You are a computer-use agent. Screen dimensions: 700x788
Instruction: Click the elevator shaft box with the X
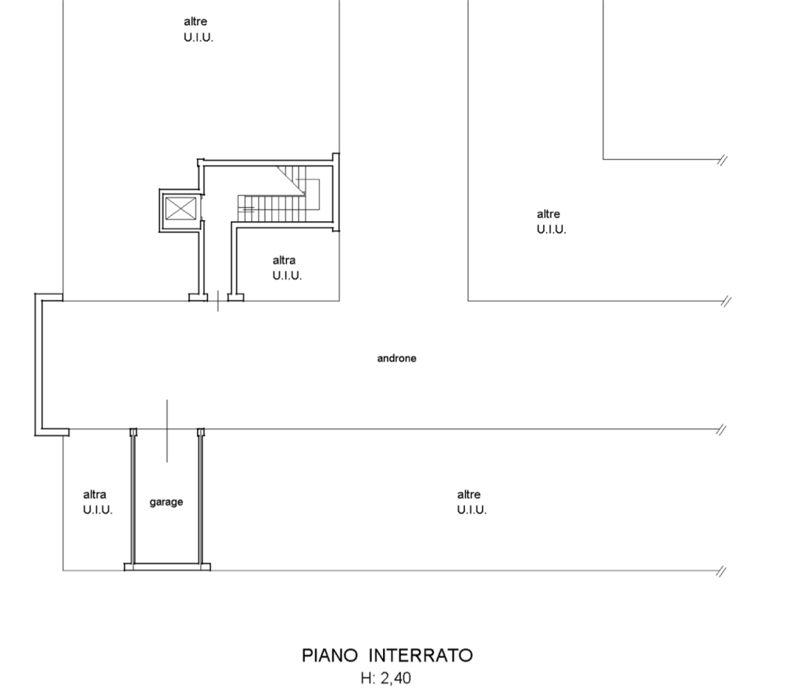click(x=180, y=209)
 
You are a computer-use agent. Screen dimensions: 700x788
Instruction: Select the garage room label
click(x=166, y=502)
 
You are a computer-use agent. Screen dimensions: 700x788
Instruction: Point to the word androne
click(x=396, y=358)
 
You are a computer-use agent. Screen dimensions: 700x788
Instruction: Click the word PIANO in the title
click(x=330, y=655)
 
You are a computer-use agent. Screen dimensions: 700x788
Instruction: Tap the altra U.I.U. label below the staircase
click(x=287, y=268)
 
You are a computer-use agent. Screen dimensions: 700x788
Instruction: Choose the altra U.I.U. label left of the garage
click(x=98, y=502)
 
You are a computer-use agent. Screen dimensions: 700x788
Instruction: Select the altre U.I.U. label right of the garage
click(x=471, y=502)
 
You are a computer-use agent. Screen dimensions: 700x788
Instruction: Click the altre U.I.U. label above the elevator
click(x=198, y=29)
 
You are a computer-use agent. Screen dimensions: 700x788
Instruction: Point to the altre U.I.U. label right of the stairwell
click(x=551, y=221)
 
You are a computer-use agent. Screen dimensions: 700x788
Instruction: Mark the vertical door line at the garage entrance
click(x=166, y=430)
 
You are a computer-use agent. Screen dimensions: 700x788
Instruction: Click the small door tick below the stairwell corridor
click(x=217, y=300)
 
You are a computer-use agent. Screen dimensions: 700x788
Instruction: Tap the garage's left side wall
click(x=132, y=496)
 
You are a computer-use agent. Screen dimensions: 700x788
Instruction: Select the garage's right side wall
click(x=200, y=496)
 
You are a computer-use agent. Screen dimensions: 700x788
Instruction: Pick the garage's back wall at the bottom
click(x=167, y=566)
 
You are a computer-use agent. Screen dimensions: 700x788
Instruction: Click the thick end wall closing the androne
click(x=39, y=365)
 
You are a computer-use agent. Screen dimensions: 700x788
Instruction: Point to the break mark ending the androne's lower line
click(x=721, y=429)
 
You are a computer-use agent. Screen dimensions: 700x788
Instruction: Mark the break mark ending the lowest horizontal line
click(x=721, y=571)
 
